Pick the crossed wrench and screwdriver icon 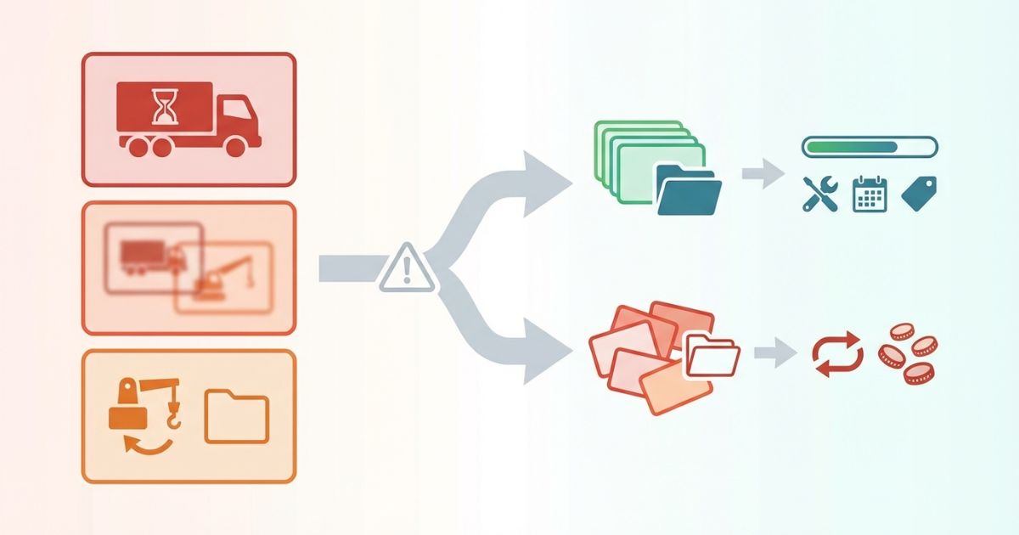click(819, 194)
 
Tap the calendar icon click(869, 194)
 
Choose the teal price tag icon click(918, 194)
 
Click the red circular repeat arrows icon click(837, 354)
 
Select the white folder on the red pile click(712, 355)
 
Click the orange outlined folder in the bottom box click(237, 416)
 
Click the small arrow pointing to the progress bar click(762, 174)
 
